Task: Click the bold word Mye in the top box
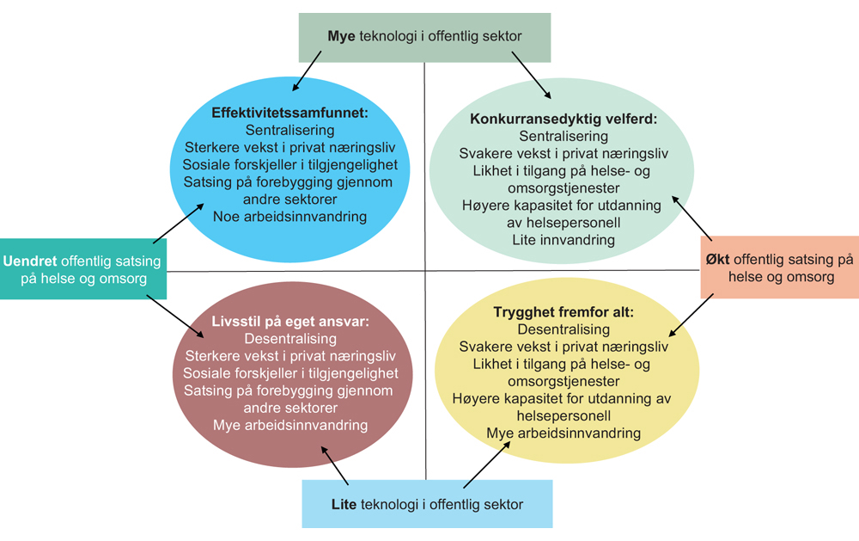click(x=342, y=37)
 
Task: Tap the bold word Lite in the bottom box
click(x=344, y=504)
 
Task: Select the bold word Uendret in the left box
click(x=30, y=261)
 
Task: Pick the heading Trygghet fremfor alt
click(x=564, y=311)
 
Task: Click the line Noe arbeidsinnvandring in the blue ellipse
click(x=290, y=217)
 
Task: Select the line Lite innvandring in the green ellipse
click(x=564, y=240)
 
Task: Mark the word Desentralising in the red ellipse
click(x=290, y=338)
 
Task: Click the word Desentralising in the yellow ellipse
click(x=564, y=329)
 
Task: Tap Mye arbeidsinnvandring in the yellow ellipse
click(x=564, y=433)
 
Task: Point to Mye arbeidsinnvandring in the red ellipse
click(x=290, y=425)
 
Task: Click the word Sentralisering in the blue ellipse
click(x=290, y=131)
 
